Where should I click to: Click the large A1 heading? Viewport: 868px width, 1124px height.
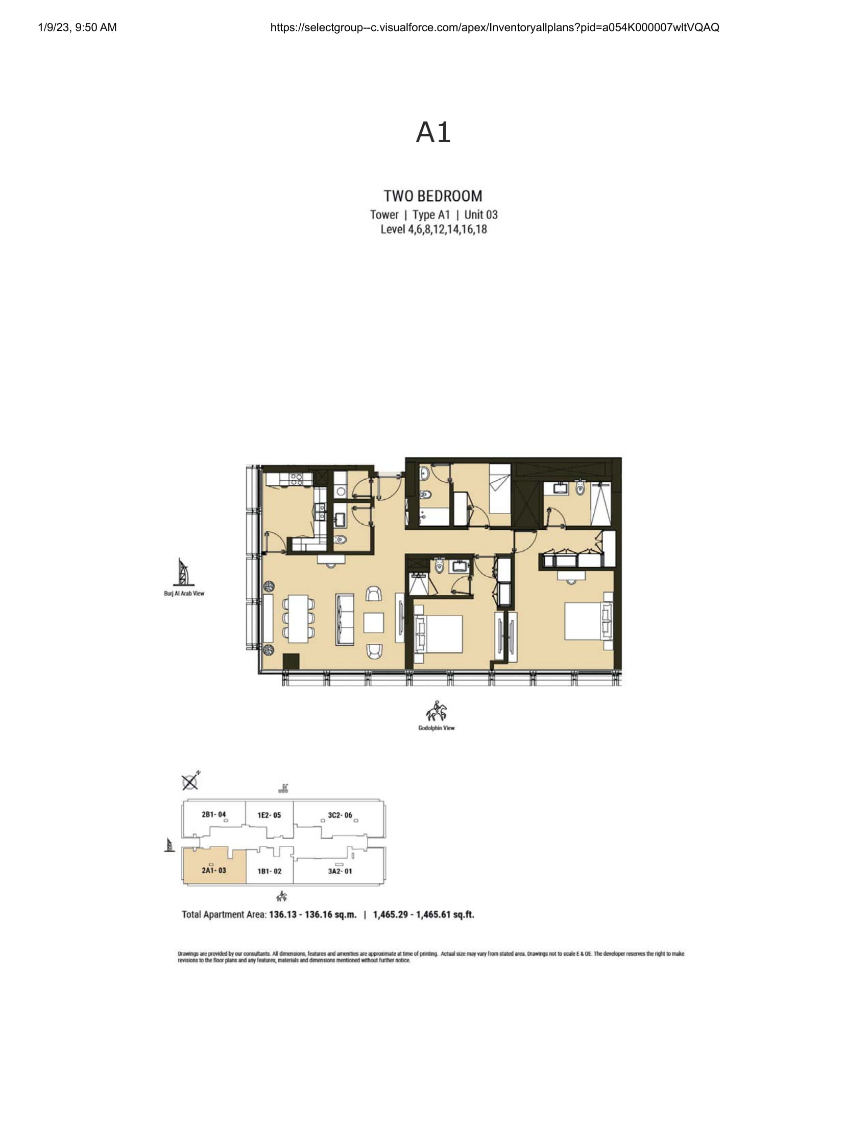(x=433, y=132)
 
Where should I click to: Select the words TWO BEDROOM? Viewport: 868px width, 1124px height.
(x=433, y=196)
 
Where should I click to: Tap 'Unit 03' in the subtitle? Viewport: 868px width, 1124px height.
(x=481, y=215)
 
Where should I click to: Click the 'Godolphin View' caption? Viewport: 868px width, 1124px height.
(x=436, y=728)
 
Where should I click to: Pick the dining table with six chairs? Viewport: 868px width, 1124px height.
(x=298, y=619)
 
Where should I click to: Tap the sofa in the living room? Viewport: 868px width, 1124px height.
(x=345, y=619)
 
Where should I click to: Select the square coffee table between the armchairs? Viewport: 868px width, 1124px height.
(x=374, y=623)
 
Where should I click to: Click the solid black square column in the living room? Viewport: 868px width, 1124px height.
(x=291, y=661)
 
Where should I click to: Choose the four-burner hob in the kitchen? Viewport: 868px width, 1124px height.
(x=296, y=479)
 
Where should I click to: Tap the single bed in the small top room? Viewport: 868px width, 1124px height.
(x=499, y=488)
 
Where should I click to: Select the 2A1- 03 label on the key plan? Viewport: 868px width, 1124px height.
(x=214, y=870)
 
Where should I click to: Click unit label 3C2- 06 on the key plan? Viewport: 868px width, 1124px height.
(x=340, y=815)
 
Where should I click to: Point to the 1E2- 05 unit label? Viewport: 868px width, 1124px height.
(x=269, y=815)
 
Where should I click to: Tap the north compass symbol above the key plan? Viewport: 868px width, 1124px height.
(x=191, y=781)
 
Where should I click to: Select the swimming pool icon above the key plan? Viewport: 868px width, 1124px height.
(x=283, y=788)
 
